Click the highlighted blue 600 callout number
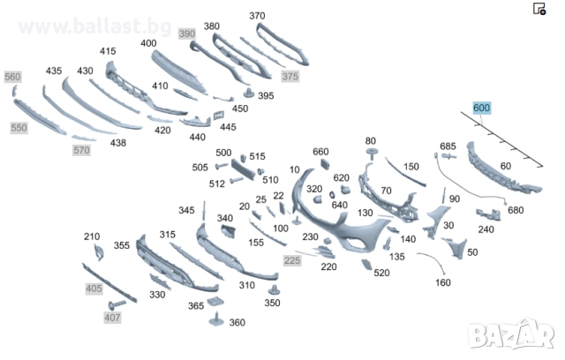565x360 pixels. [481, 108]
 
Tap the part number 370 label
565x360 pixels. [257, 16]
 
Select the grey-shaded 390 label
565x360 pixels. [187, 34]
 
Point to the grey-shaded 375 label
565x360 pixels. [290, 76]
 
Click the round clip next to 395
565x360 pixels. [249, 93]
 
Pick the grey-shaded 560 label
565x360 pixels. [12, 77]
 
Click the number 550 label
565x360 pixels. [19, 128]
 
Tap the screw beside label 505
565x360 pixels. [222, 166]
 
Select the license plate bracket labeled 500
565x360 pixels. [243, 169]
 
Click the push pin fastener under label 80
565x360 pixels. [372, 153]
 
